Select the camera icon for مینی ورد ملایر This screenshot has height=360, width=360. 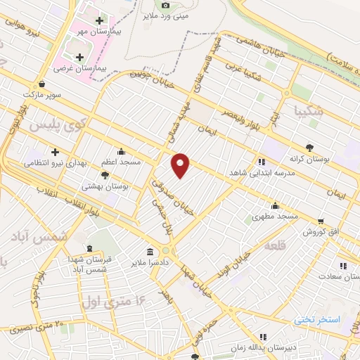(x=165, y=5)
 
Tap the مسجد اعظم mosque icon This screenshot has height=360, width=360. (x=122, y=151)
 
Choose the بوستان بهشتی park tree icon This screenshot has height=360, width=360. (x=105, y=175)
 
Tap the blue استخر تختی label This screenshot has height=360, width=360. (x=316, y=319)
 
